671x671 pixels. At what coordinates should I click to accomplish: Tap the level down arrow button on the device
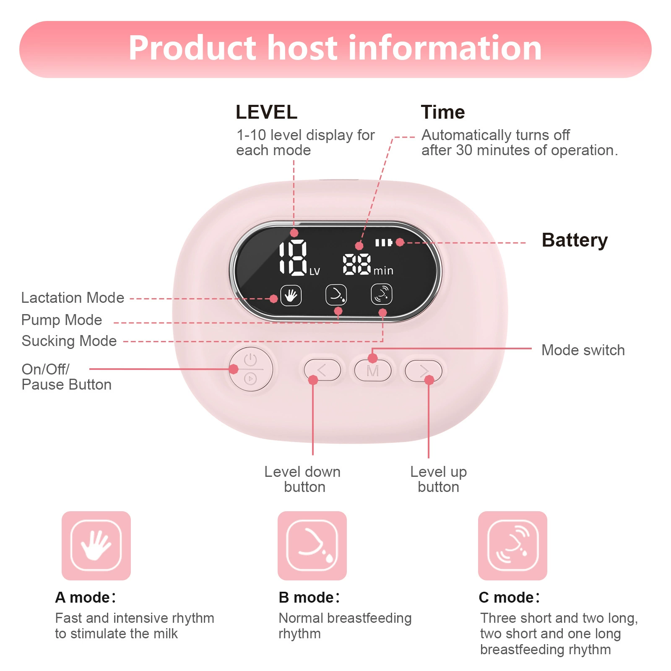tap(322, 370)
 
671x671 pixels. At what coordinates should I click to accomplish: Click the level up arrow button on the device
tap(424, 370)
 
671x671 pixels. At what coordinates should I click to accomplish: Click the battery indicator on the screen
tap(383, 242)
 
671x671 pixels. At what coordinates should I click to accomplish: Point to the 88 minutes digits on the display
tap(357, 264)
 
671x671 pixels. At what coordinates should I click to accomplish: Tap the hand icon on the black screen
tap(291, 296)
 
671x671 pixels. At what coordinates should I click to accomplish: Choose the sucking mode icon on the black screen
tap(382, 294)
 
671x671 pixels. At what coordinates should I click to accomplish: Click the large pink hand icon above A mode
tap(96, 546)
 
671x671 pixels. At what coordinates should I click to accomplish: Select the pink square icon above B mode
tap(312, 546)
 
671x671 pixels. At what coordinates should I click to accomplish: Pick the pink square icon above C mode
tap(512, 546)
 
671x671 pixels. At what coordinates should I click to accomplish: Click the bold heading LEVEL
tap(266, 112)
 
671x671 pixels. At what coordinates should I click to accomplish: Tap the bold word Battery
tap(575, 241)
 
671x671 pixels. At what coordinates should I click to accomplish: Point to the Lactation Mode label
tap(73, 298)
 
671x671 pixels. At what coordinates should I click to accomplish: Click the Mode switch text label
tap(583, 350)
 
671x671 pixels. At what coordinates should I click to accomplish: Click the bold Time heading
tap(443, 112)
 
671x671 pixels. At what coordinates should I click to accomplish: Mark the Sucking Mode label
tap(69, 341)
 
